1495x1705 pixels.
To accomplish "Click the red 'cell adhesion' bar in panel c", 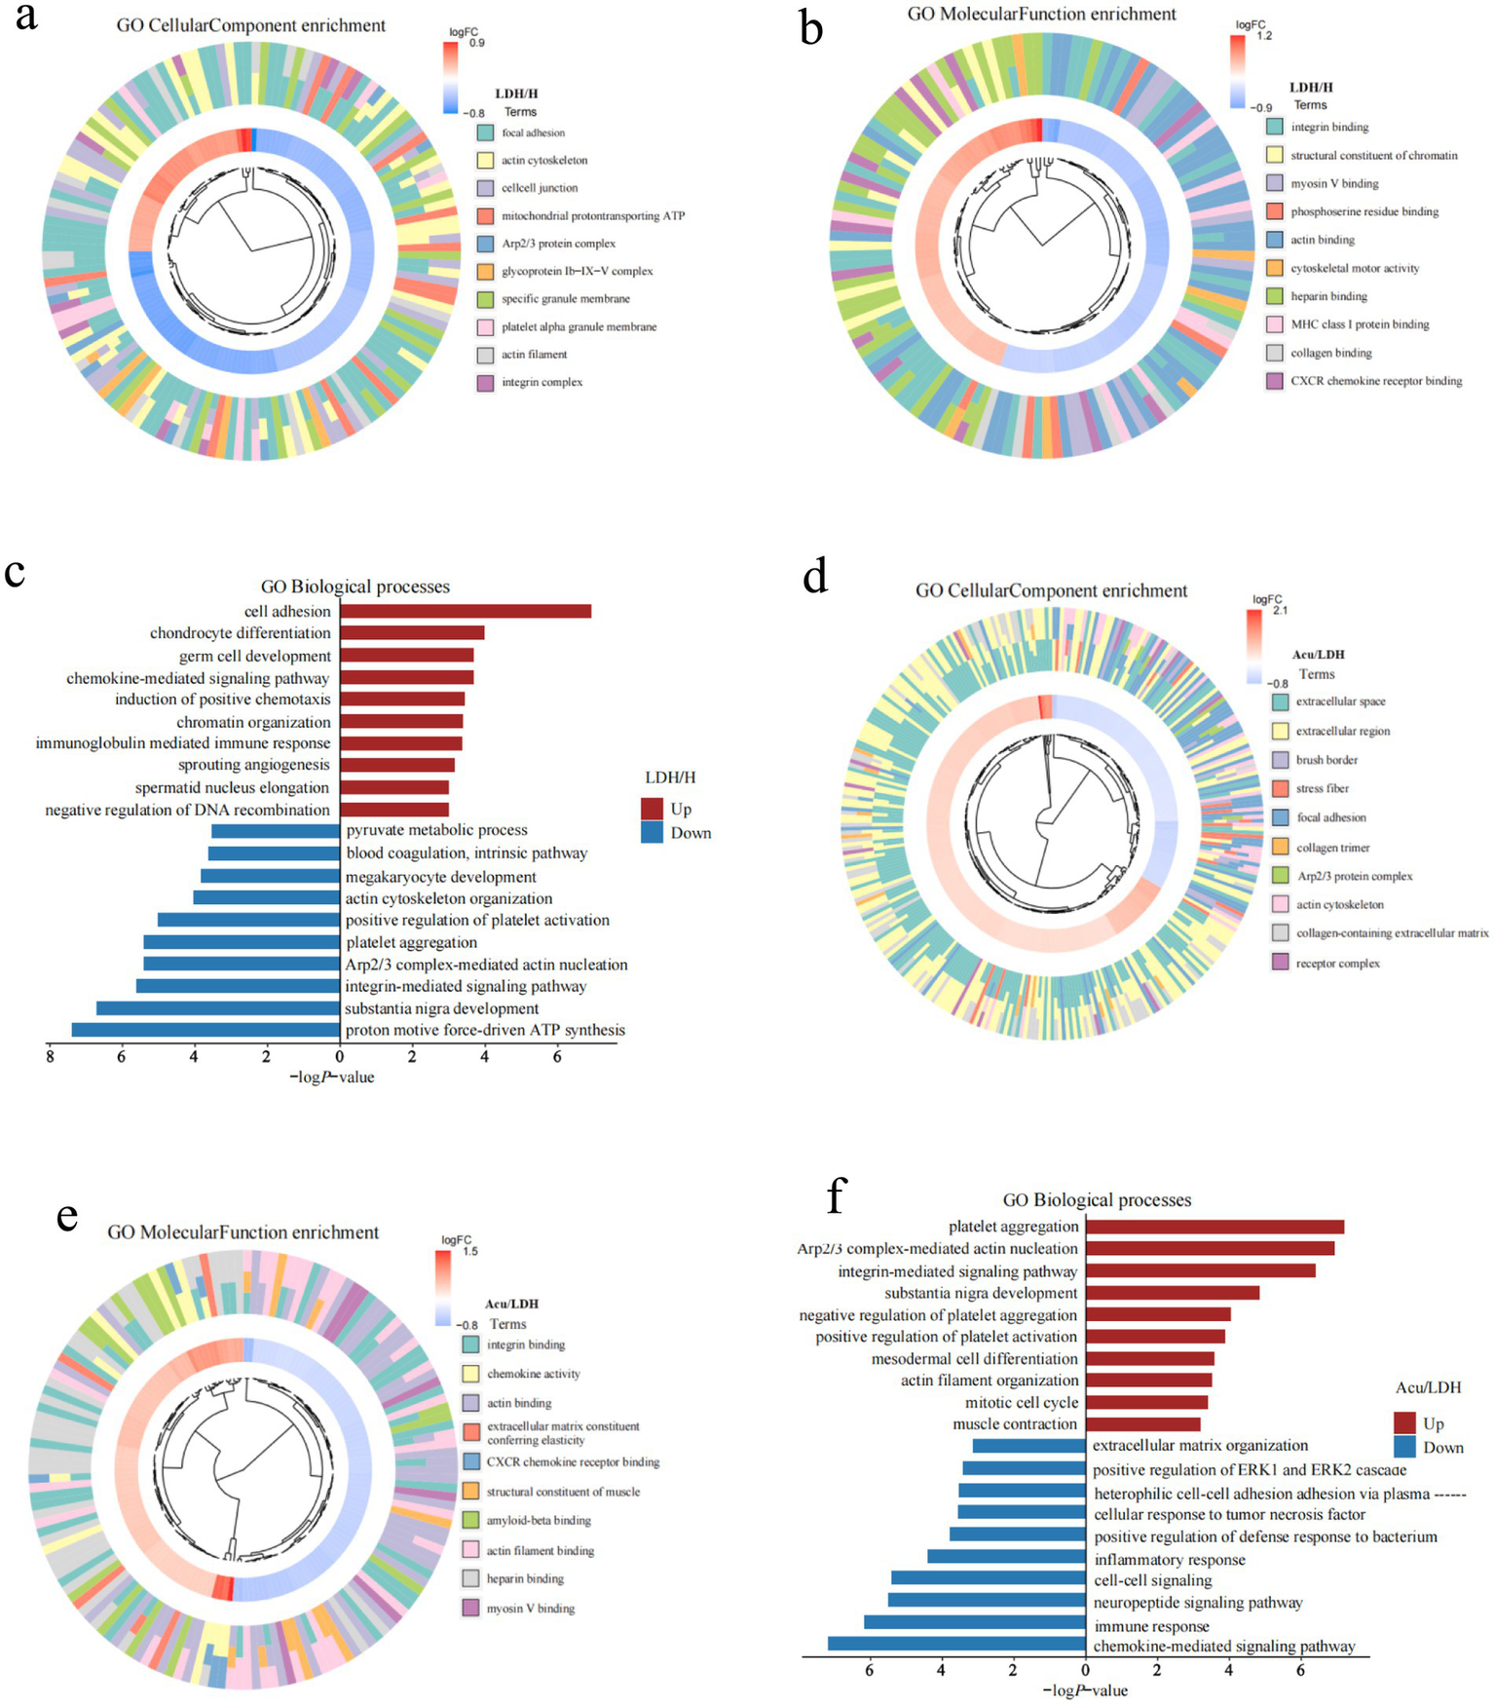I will pyautogui.click(x=466, y=611).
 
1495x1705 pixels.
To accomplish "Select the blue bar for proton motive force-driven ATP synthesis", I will pyautogui.click(x=206, y=1030).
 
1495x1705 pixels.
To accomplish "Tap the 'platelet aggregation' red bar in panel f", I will pyautogui.click(x=1215, y=1227).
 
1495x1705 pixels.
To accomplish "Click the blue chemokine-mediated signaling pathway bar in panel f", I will pyautogui.click(x=956, y=1646).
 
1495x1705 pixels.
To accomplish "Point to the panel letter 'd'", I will pyautogui.click(x=814, y=577).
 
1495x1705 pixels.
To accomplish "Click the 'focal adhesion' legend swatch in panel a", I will pyautogui.click(x=485, y=133).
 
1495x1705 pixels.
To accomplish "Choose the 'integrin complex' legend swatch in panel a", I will pyautogui.click(x=485, y=383).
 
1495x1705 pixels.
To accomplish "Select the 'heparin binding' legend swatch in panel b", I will pyautogui.click(x=1274, y=296).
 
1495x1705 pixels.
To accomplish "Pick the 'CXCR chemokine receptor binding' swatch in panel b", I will pyautogui.click(x=1274, y=381).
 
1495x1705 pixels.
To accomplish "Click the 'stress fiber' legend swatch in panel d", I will pyautogui.click(x=1280, y=788).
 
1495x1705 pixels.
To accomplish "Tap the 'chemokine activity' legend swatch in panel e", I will pyautogui.click(x=470, y=1374).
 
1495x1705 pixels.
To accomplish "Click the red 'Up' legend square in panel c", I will pyautogui.click(x=652, y=809).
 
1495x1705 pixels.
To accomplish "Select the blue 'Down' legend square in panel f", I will pyautogui.click(x=1404, y=1447).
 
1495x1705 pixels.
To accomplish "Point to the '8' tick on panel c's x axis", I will pyautogui.click(x=49, y=1056).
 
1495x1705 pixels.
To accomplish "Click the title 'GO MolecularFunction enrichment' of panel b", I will pyautogui.click(x=1041, y=14).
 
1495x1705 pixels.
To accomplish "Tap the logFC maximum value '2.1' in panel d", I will pyautogui.click(x=1280, y=611).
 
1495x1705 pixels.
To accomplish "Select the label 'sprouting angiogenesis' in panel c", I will pyautogui.click(x=253, y=765).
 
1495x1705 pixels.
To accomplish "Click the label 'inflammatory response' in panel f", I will pyautogui.click(x=1169, y=1560).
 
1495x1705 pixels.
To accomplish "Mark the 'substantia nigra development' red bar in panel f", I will pyautogui.click(x=1172, y=1293).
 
